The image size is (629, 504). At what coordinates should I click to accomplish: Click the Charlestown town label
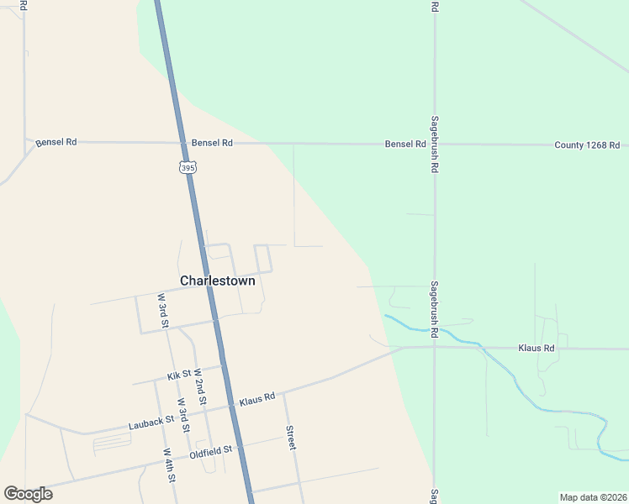(x=217, y=281)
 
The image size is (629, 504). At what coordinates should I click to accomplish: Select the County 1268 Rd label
(x=587, y=145)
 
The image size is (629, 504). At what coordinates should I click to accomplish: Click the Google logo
(x=28, y=493)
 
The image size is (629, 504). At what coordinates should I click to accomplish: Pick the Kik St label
(x=180, y=374)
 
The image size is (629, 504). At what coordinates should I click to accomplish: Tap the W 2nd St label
(x=200, y=386)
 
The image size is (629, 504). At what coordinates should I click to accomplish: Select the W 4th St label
(x=169, y=465)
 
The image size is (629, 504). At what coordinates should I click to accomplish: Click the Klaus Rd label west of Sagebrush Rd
(x=257, y=397)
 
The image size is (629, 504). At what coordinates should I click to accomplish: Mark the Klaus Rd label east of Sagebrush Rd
(x=536, y=347)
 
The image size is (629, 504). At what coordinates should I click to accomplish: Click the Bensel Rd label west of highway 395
(x=56, y=143)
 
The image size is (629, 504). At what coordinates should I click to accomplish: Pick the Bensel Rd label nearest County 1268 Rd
(x=405, y=144)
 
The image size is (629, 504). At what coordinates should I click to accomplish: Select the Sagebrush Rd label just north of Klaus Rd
(x=435, y=309)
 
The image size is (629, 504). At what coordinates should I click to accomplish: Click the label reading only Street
(x=291, y=437)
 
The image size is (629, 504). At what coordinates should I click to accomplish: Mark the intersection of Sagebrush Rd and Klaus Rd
(x=435, y=347)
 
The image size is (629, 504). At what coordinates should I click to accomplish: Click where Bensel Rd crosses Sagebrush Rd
(x=435, y=144)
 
